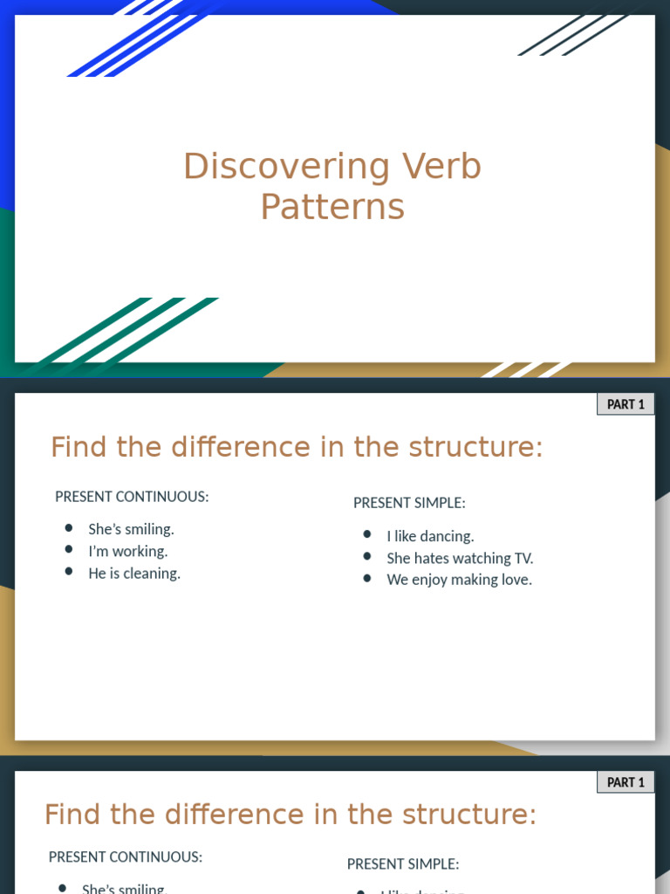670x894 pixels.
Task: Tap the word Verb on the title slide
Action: [441, 167]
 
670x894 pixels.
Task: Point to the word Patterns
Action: [332, 207]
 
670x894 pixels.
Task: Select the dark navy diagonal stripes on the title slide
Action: [571, 33]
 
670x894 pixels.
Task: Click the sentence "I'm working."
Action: [127, 551]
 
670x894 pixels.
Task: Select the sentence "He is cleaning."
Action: [134, 574]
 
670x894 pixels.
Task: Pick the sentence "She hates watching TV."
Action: [460, 558]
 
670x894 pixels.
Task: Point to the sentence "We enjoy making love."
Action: [459, 580]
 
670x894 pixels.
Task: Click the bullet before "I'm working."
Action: [69, 550]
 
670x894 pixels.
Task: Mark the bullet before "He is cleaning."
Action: [69, 572]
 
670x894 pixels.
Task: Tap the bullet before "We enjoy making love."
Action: [367, 578]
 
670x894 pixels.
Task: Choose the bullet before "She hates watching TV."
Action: [367, 556]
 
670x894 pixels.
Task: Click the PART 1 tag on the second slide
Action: [626, 404]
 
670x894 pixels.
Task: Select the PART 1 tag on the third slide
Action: [626, 782]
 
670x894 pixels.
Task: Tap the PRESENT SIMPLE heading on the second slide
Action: [409, 503]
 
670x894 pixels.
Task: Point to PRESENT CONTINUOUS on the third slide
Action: [126, 857]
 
